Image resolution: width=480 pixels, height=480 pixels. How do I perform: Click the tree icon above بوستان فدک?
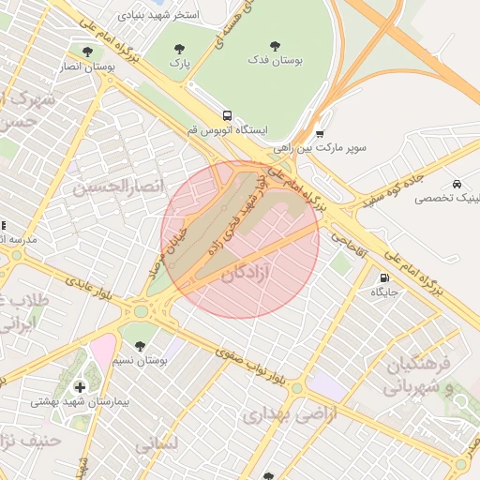click(275, 46)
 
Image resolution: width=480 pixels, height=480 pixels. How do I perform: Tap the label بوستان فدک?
click(276, 60)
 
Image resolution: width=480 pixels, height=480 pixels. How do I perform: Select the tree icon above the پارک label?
click(179, 48)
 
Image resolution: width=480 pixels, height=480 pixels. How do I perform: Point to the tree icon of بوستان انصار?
click(87, 52)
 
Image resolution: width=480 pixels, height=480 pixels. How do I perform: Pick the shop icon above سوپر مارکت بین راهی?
click(319, 134)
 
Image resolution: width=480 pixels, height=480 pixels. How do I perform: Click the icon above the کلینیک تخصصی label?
click(456, 185)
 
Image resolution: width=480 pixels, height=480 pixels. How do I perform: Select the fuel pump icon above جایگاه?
click(384, 278)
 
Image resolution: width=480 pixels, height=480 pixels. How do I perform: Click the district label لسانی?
click(156, 444)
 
